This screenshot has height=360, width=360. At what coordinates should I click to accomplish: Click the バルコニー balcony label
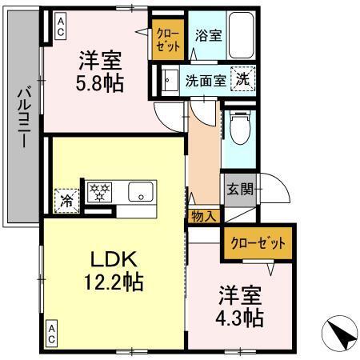[22, 117]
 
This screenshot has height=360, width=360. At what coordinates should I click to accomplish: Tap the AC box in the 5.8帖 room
[60, 27]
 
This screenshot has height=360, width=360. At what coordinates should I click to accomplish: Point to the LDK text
[114, 260]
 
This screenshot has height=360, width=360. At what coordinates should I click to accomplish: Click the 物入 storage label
[203, 215]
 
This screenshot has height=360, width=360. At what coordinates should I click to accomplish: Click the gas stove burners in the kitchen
[102, 193]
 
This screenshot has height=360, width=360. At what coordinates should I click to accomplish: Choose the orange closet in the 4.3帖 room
[257, 242]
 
